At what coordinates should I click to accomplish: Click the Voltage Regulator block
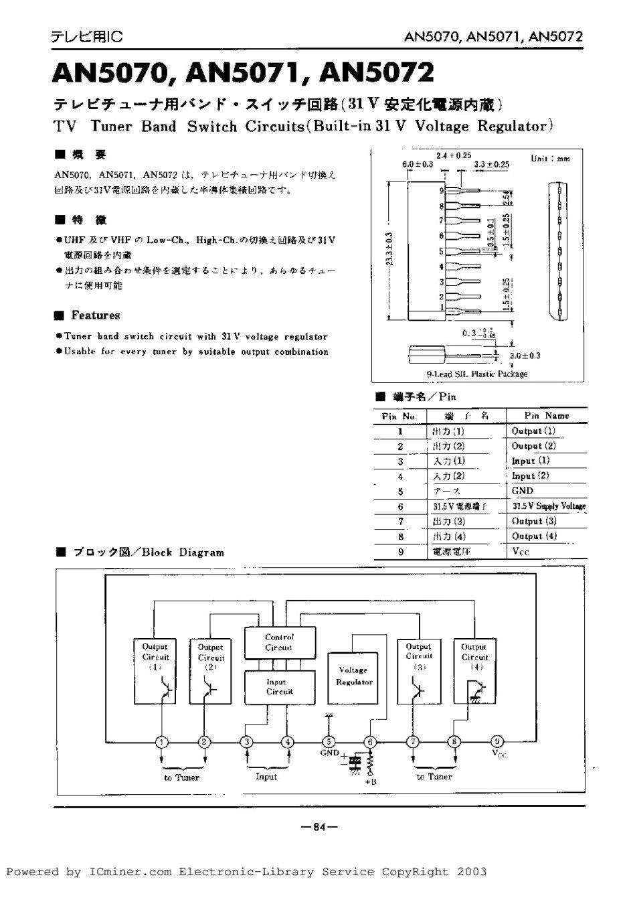(x=353, y=676)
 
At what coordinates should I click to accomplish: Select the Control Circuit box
(x=279, y=642)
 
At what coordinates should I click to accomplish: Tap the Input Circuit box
(x=279, y=686)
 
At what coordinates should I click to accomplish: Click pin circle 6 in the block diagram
(x=370, y=741)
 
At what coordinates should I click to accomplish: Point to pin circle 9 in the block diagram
(x=497, y=741)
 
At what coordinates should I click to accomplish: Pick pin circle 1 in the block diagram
(x=161, y=741)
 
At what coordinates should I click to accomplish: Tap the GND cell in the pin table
(x=522, y=490)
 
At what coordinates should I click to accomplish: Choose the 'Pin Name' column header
(x=546, y=415)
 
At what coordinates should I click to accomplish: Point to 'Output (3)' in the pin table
(x=533, y=520)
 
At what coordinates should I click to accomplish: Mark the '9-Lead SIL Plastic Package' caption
(x=476, y=374)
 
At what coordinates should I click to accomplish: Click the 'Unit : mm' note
(x=550, y=159)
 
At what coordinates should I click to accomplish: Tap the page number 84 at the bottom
(x=319, y=826)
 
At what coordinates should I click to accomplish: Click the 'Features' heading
(x=95, y=315)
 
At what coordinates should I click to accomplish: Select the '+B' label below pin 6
(x=370, y=781)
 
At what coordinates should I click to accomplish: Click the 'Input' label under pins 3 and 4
(x=266, y=777)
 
